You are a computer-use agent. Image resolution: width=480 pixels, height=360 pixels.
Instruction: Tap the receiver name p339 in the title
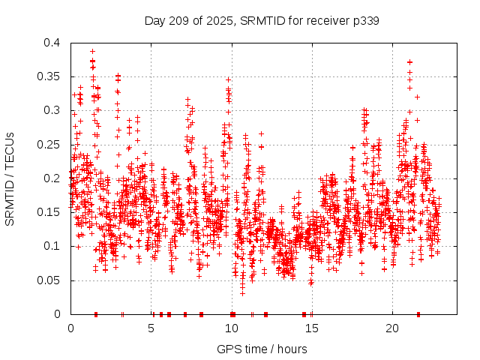[x=364, y=21]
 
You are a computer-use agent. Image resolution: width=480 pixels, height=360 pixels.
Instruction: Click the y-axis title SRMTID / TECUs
[x=10, y=178]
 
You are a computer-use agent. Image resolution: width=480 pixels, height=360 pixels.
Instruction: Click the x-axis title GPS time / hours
[x=262, y=349]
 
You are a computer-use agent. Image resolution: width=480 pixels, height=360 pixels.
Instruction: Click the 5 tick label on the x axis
[x=151, y=328]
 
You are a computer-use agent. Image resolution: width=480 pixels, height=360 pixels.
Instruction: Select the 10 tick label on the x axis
[x=231, y=328]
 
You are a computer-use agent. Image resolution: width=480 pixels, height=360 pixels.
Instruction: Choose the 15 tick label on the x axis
[x=311, y=328]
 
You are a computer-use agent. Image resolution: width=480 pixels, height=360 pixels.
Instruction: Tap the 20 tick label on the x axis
[x=391, y=328]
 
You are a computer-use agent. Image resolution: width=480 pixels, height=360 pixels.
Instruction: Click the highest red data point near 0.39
[x=92, y=51]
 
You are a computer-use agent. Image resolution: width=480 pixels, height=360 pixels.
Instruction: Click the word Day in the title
[x=154, y=21]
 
